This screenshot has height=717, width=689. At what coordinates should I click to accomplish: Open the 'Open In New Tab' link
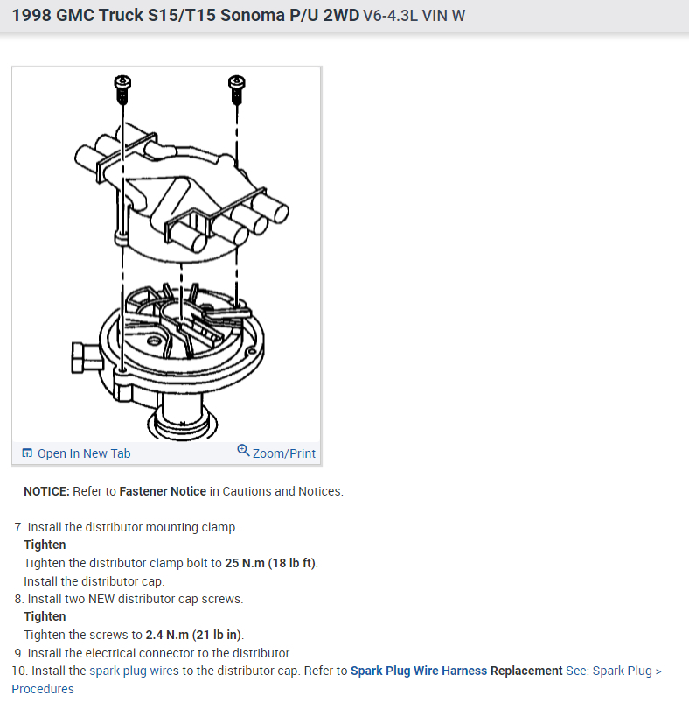[84, 453]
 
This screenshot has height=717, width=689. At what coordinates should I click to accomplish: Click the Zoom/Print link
[283, 453]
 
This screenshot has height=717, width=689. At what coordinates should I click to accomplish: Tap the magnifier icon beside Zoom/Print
[243, 451]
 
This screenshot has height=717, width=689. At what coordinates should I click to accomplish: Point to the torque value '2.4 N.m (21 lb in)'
[194, 635]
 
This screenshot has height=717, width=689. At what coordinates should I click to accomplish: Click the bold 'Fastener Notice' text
[163, 491]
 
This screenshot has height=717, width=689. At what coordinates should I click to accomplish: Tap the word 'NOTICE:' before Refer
[46, 491]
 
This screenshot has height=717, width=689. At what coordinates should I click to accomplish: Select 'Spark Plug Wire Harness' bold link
[419, 671]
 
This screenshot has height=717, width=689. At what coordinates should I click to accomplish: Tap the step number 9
[17, 653]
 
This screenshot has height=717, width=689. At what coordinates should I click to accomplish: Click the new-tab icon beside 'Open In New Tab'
[27, 453]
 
